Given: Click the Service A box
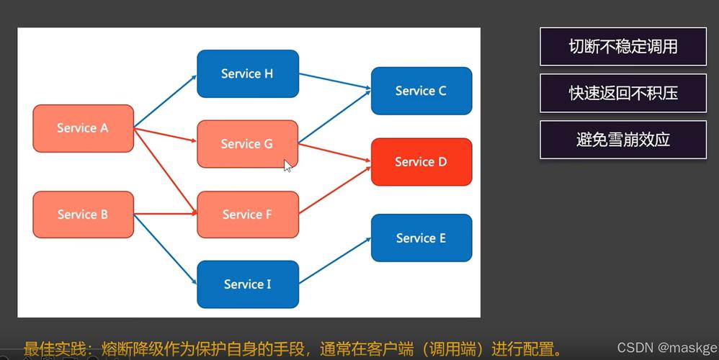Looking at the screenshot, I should (x=83, y=128).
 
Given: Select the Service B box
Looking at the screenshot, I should (x=83, y=215).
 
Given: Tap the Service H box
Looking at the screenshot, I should (x=247, y=73).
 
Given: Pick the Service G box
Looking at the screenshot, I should (x=247, y=144).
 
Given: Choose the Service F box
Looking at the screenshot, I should (x=247, y=215).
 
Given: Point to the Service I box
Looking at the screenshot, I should (x=247, y=284).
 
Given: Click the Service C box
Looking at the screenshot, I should (x=421, y=91).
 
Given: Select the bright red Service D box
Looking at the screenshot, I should (x=421, y=162).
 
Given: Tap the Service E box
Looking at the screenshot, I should (x=421, y=238).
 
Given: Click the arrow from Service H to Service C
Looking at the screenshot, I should (x=335, y=81).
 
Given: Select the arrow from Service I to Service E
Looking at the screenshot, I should (x=335, y=261).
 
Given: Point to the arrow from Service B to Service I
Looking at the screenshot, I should (x=166, y=249).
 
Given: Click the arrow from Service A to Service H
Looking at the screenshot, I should (x=166, y=99).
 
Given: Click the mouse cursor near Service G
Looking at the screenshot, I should (x=287, y=166).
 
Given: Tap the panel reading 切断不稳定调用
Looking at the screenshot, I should (x=622, y=47).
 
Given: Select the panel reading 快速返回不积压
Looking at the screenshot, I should (x=622, y=93).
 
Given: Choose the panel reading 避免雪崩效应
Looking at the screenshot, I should (x=622, y=140).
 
